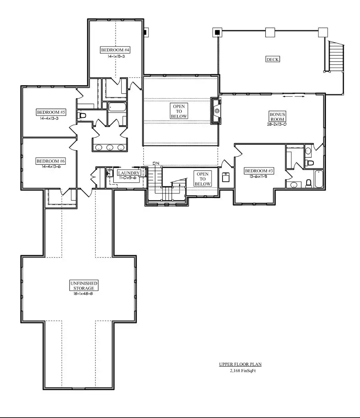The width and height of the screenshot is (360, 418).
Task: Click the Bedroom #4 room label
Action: tap(115, 50)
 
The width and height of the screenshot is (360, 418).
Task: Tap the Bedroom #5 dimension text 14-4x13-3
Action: tap(49, 118)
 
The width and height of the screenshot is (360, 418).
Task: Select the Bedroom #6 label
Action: tap(51, 161)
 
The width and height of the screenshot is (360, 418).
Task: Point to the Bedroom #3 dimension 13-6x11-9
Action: tap(258, 176)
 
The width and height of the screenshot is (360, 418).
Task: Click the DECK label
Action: tap(272, 59)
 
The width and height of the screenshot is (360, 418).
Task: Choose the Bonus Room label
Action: tap(277, 117)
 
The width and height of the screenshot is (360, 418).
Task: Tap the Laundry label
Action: tap(129, 173)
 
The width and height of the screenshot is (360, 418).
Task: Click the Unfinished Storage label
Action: tap(84, 285)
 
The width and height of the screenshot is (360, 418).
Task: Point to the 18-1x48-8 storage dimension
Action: tap(83, 293)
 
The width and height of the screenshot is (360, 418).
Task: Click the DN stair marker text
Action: tap(156, 163)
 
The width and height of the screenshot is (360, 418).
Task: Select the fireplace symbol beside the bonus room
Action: tap(216, 111)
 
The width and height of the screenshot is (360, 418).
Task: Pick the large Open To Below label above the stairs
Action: tap(179, 111)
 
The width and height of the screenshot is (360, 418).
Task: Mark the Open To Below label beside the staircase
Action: tap(202, 179)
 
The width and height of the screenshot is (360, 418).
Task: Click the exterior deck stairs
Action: tap(336, 56)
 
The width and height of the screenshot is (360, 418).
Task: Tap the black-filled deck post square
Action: tap(217, 32)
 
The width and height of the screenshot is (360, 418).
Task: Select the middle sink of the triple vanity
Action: tap(110, 148)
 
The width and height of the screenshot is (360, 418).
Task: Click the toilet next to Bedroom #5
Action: tap(82, 116)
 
